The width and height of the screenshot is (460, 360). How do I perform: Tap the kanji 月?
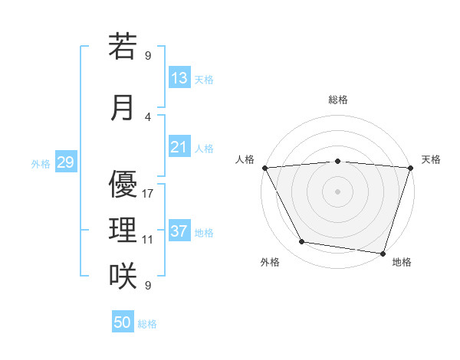[123, 107]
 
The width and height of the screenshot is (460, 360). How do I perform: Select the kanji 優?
[123, 184]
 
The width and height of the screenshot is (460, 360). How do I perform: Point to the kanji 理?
[123, 230]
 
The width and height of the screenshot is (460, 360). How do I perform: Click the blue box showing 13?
[179, 78]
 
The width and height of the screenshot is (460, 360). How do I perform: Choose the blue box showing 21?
[179, 147]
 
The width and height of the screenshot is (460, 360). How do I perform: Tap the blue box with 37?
[179, 232]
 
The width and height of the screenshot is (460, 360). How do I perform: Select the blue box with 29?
[65, 162]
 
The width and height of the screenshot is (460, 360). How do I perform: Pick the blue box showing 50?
[123, 322]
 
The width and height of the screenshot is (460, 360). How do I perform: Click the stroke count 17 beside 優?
[148, 193]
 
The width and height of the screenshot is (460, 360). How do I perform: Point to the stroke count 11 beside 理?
[148, 239]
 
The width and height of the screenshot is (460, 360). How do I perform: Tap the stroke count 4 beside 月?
[148, 116]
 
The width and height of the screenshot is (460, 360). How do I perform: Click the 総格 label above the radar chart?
[337, 100]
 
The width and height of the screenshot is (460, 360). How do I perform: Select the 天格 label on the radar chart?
[432, 159]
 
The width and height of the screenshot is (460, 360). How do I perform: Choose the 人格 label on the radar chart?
[245, 159]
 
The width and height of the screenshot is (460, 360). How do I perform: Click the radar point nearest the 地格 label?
[383, 253]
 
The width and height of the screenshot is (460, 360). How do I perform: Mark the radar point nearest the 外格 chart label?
[302, 242]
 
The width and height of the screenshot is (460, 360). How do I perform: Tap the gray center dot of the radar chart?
[337, 191]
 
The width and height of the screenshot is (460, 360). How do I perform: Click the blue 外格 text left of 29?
[40, 163]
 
